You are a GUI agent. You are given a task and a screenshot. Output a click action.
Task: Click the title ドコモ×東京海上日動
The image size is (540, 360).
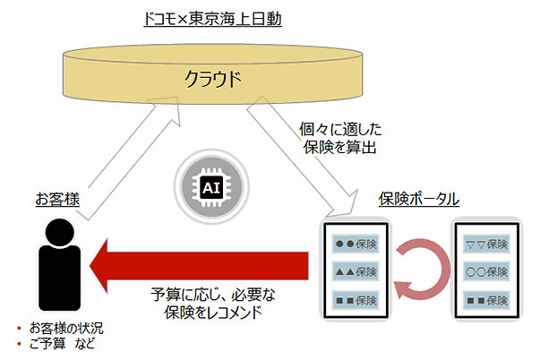[x=212, y=19]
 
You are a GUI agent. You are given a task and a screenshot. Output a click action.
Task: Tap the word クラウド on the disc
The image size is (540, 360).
[x=212, y=79]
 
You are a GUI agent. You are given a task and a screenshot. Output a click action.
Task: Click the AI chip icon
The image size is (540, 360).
[x=211, y=188]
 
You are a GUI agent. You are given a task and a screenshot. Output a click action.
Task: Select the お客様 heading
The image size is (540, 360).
[x=57, y=198]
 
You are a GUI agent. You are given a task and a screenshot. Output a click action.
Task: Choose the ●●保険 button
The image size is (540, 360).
[x=355, y=244]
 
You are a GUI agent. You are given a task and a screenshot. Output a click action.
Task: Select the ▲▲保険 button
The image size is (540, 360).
[x=355, y=271]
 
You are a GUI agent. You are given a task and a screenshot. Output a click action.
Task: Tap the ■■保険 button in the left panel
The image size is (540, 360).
[x=355, y=299]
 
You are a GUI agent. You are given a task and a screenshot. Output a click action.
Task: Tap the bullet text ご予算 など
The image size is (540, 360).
[x=63, y=343]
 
